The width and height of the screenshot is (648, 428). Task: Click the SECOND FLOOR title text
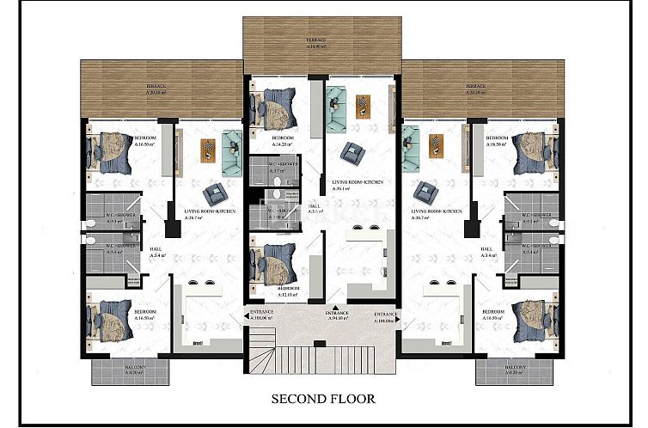[324, 399]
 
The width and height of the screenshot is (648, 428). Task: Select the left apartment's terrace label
[155, 88]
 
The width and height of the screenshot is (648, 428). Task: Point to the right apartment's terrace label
[474, 88]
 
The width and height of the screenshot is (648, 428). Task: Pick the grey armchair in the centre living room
[351, 152]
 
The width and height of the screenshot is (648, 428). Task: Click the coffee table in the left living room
[206, 150]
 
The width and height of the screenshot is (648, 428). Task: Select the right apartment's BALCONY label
[512, 370]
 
